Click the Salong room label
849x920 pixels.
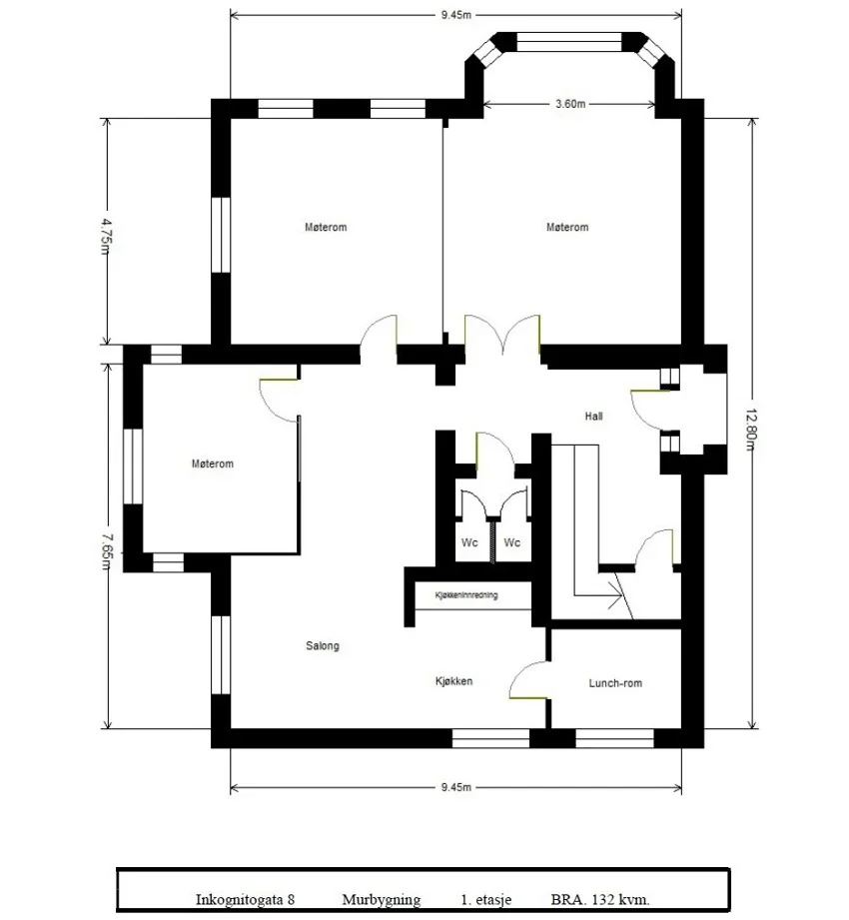pyautogui.click(x=322, y=646)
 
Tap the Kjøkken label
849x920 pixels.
pyautogui.click(x=453, y=681)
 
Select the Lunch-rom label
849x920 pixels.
pyautogui.click(x=615, y=683)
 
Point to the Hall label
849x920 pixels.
pyautogui.click(x=593, y=416)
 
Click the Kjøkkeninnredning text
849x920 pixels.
pyautogui.click(x=466, y=595)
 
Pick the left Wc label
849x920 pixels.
pyautogui.click(x=469, y=542)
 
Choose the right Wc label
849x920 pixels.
pyautogui.click(x=512, y=542)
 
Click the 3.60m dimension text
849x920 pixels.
pyautogui.click(x=570, y=104)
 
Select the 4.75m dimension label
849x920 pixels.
pyautogui.click(x=105, y=237)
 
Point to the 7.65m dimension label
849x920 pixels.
pyautogui.click(x=105, y=551)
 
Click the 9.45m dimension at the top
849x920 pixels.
pyautogui.click(x=455, y=15)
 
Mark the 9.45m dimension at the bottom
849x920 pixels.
pyautogui.click(x=455, y=787)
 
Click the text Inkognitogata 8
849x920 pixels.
pyautogui.click(x=245, y=899)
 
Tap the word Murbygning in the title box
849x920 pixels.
pyautogui.click(x=382, y=899)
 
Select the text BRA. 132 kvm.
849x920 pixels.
pyautogui.click(x=599, y=899)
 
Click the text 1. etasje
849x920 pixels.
pyautogui.click(x=485, y=899)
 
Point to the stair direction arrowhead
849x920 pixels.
pyautogui.click(x=616, y=596)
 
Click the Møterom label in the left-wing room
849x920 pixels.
pyautogui.click(x=213, y=463)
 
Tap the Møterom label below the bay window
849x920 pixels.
pyautogui.click(x=567, y=227)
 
